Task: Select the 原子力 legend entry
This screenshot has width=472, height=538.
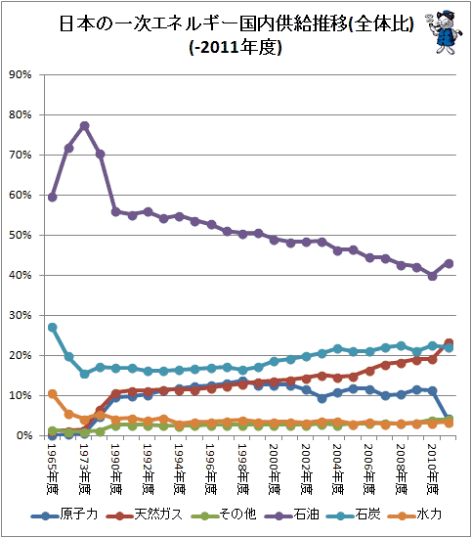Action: pos(64,515)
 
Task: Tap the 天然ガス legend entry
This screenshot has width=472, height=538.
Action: pos(144,515)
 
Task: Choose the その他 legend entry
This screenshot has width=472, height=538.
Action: pos(224,515)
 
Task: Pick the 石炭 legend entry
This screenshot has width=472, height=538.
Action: pos(354,515)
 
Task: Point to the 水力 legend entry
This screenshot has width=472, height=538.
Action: pos(414,515)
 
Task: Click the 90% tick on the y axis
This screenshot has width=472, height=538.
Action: pos(21,74)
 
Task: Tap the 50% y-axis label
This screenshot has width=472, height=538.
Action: pos(21,235)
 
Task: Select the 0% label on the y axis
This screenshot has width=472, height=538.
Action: pos(23,435)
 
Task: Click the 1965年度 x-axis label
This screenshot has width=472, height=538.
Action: pos(52,469)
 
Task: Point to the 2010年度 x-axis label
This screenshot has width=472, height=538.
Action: pos(432,469)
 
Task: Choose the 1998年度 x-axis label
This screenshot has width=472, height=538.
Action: pos(242,469)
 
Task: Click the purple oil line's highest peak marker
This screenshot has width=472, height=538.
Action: pos(84,126)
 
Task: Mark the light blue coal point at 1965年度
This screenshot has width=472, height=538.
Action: pos(53,328)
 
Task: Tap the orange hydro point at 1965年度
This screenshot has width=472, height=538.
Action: pos(53,394)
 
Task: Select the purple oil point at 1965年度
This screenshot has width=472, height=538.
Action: pos(53,198)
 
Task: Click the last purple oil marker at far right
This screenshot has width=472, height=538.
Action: pos(449,263)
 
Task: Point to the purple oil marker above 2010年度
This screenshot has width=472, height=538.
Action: pos(433,276)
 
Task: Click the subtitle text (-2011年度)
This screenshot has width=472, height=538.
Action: pos(236,47)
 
